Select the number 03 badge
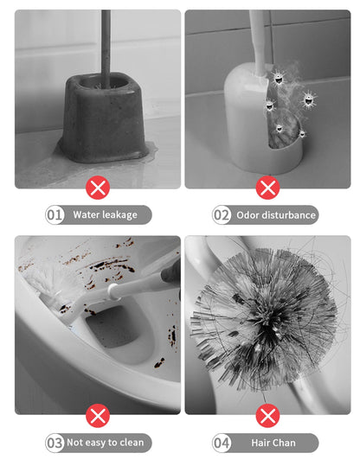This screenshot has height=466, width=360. click(55, 443)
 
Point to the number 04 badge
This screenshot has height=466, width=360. click(222, 443)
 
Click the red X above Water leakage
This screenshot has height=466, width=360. click(98, 188)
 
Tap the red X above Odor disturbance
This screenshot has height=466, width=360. click(268, 188)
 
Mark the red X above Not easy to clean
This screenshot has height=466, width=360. click(98, 416)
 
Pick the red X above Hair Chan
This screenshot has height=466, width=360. click(268, 416)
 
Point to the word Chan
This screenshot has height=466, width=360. click(285, 443)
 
